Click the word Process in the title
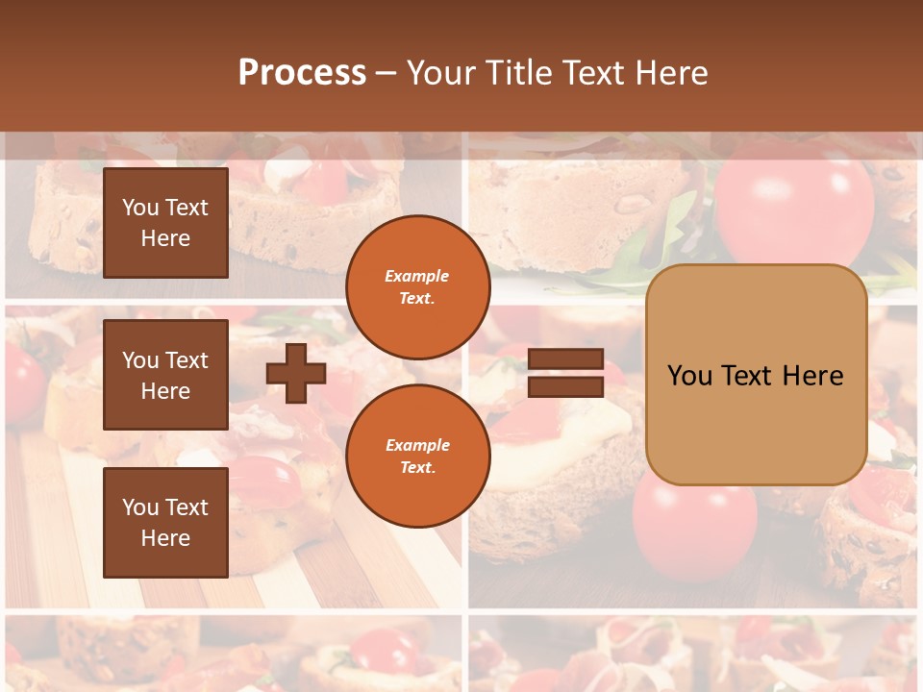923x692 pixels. [x=302, y=72]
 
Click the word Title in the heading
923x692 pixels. [x=519, y=72]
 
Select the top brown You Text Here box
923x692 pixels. [x=165, y=223]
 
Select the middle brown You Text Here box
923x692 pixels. [x=165, y=375]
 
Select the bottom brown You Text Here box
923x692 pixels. [x=165, y=523]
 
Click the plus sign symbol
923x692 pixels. [x=296, y=373]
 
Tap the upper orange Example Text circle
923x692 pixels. [x=417, y=287]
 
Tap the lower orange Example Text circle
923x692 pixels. [x=417, y=456]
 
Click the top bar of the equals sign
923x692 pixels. [x=566, y=359]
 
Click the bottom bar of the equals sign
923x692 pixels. [x=566, y=386]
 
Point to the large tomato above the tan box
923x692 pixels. [x=794, y=207]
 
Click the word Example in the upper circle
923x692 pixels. [x=417, y=276]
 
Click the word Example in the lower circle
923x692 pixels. [x=417, y=445]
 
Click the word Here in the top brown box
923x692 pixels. [x=165, y=238]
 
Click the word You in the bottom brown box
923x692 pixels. [x=139, y=507]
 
